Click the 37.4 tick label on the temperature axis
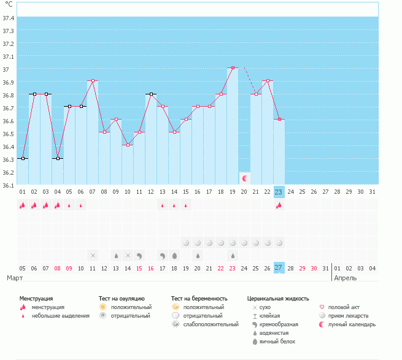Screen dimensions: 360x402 tap(9, 18)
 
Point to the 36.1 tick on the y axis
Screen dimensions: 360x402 tap(9, 185)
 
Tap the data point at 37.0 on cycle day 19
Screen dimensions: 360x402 tap(233, 68)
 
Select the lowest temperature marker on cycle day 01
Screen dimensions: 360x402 tap(23, 159)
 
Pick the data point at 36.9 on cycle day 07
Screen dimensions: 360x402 tap(93, 81)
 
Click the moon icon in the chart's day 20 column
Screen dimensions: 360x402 tap(245, 178)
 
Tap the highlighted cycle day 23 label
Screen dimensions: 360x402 tap(279, 192)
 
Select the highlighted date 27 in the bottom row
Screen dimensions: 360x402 tap(279, 268)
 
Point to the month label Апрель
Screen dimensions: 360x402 tap(344, 278)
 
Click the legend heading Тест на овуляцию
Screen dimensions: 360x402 tap(122, 298)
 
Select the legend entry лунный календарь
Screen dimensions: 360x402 tap(351, 324)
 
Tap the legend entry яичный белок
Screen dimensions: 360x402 tap(277, 342)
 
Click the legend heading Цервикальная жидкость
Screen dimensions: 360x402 tap(277, 298)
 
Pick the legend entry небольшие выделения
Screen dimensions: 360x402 tap(60, 316)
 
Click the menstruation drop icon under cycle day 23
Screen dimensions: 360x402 tap(279, 206)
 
